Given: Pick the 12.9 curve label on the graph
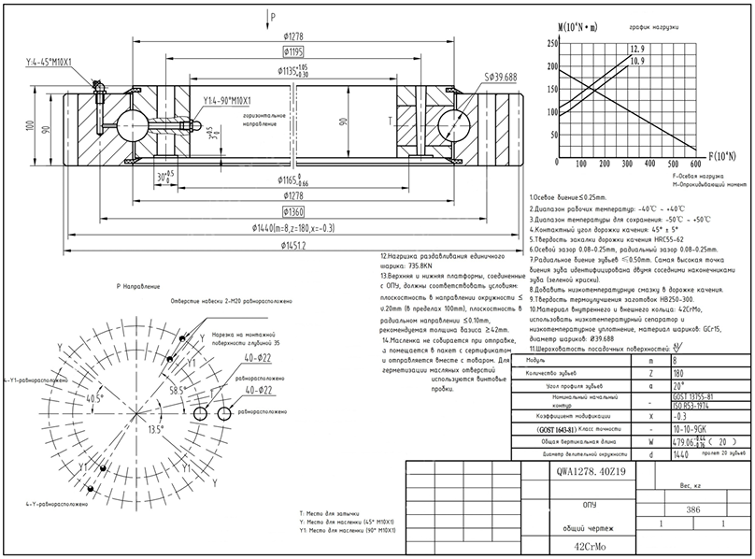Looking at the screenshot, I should (637, 48).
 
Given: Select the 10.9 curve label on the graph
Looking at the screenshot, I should (636, 61).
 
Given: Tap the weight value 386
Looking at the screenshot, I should (692, 510).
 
